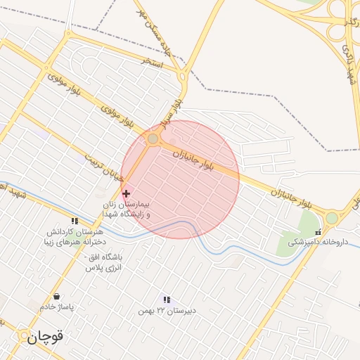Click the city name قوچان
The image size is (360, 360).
pyautogui.click(x=46, y=337)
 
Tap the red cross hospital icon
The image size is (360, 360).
pyautogui.click(x=126, y=193)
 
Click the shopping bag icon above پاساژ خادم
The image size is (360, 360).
pyautogui.click(x=56, y=296)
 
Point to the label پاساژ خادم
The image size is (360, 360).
pyautogui.click(x=57, y=308)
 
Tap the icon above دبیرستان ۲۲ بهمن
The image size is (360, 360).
pyautogui.click(x=167, y=300)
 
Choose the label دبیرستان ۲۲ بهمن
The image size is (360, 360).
pyautogui.click(x=167, y=311)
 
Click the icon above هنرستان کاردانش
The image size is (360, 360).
pyautogui.click(x=75, y=221)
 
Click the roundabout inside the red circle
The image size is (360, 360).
pyautogui.click(x=153, y=139)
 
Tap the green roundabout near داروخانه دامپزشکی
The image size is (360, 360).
pyautogui.click(x=331, y=219)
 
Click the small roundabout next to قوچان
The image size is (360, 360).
pyautogui.click(x=23, y=334)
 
